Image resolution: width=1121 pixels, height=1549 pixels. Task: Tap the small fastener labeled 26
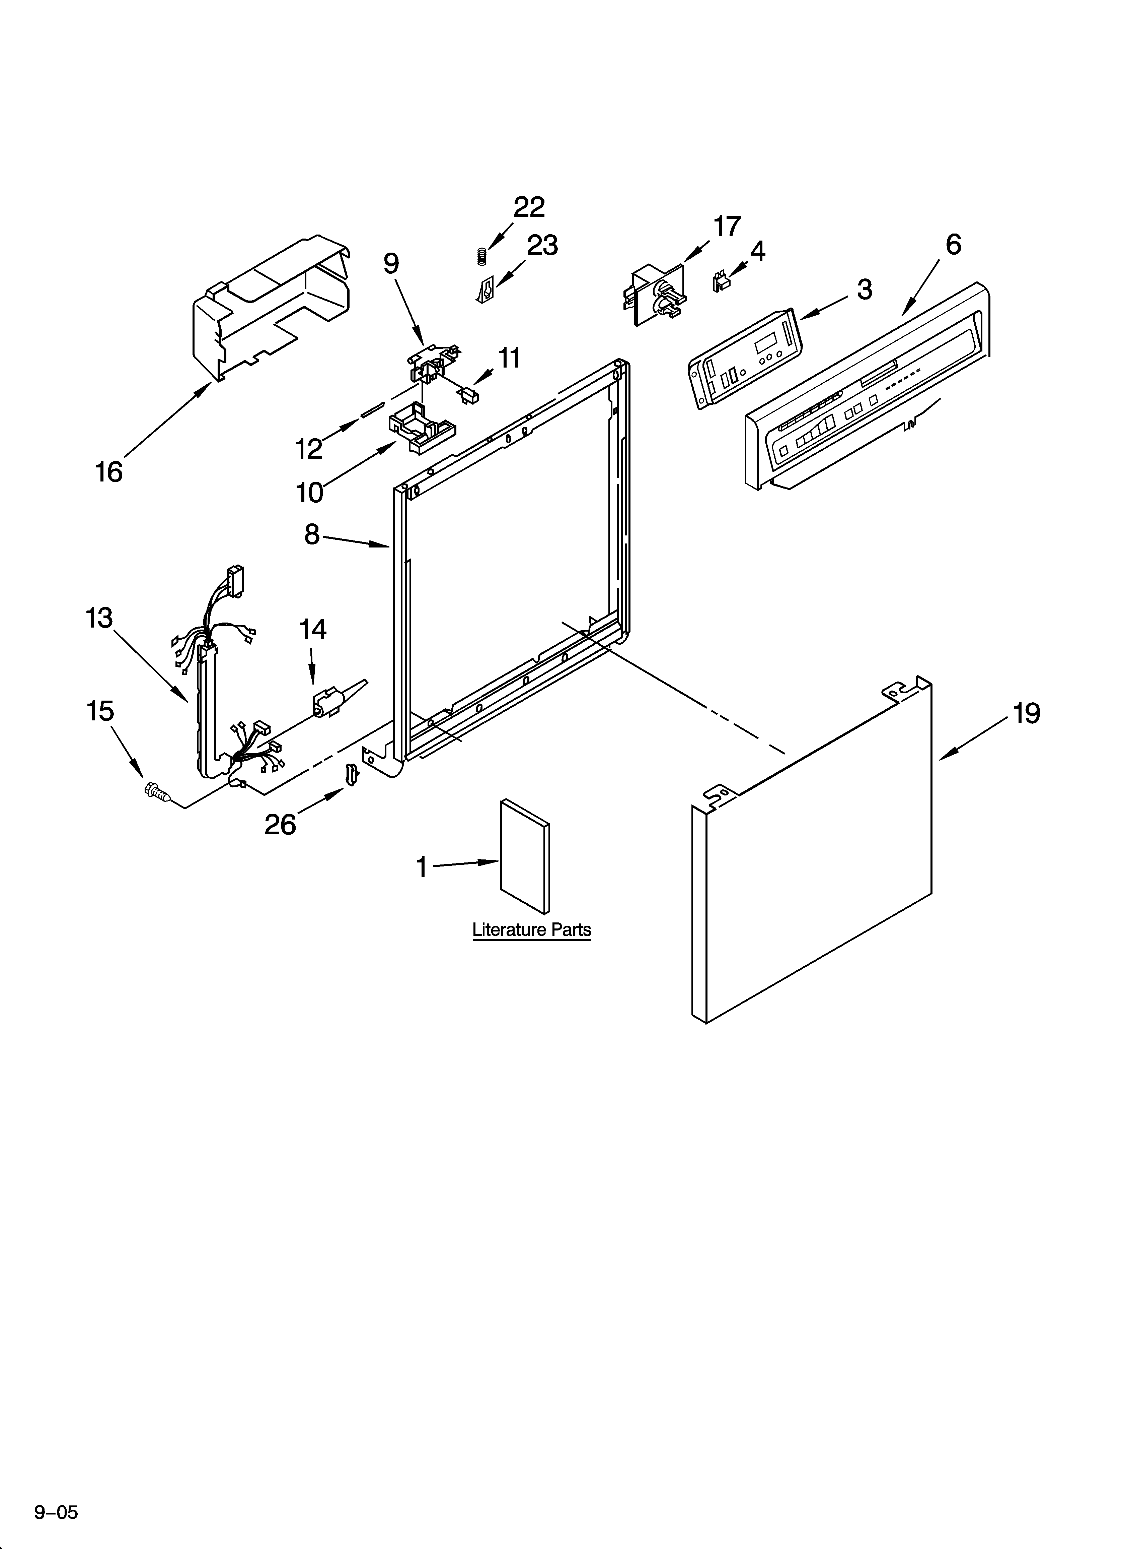click(x=352, y=775)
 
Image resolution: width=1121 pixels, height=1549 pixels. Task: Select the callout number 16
click(x=108, y=471)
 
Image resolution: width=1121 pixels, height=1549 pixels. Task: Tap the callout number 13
click(x=99, y=618)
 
